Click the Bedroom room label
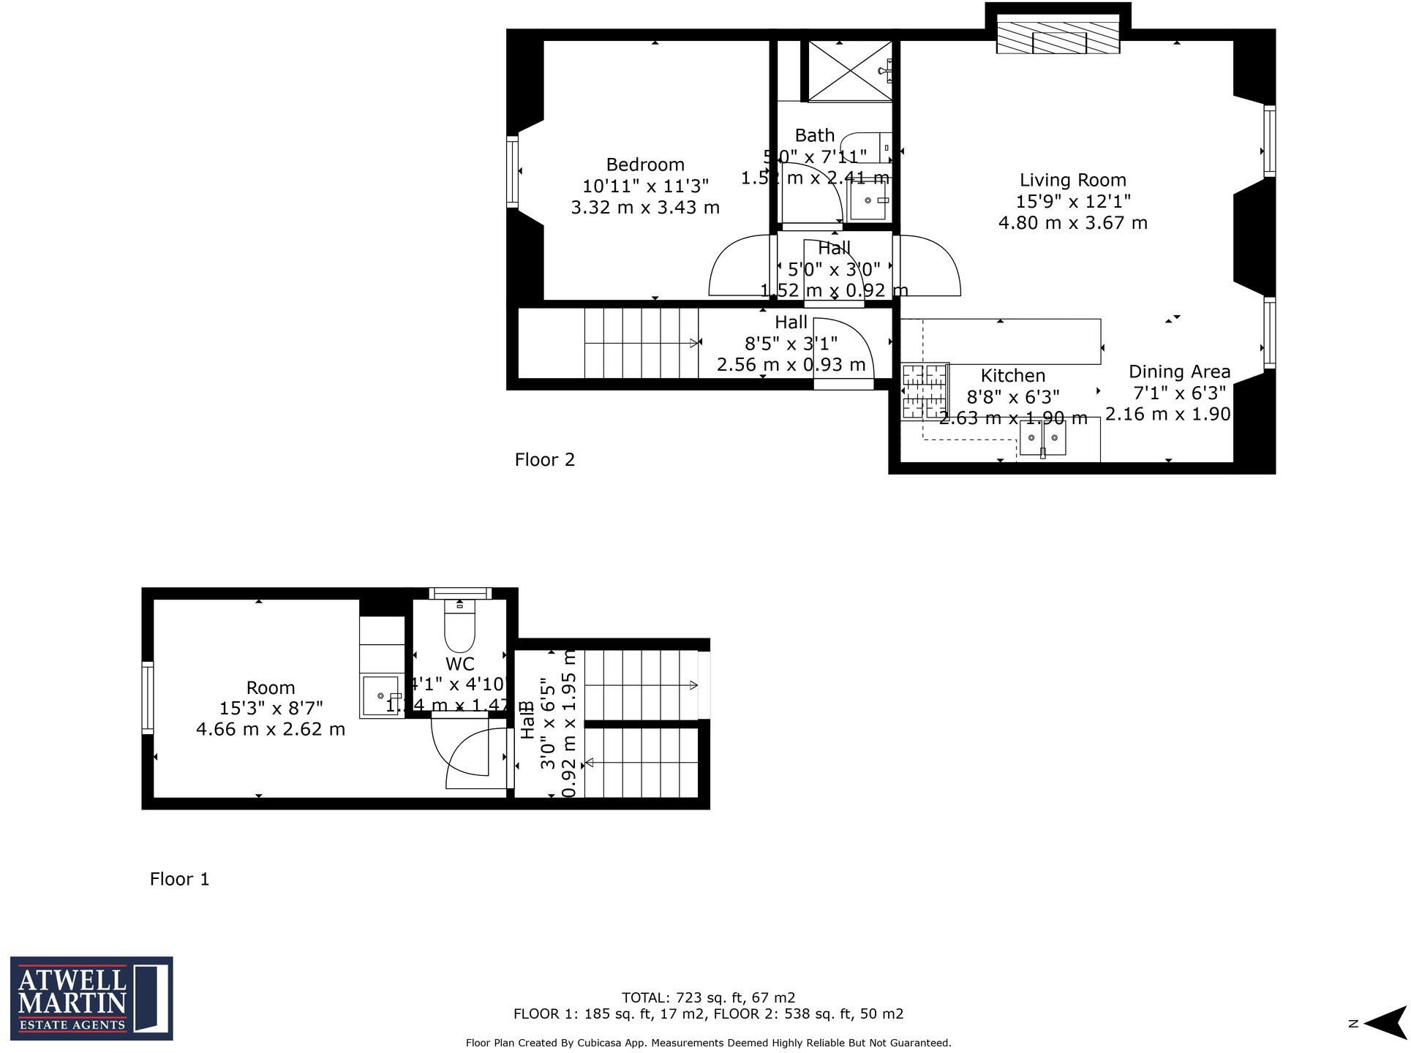(x=644, y=165)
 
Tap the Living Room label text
(x=1072, y=180)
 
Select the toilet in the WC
(x=459, y=627)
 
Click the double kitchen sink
(x=1042, y=439)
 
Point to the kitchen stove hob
(x=925, y=392)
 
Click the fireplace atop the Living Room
(x=1058, y=37)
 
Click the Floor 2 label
(x=544, y=460)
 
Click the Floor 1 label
(x=179, y=879)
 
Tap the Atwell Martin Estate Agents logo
(x=91, y=998)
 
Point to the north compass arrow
(x=1383, y=1023)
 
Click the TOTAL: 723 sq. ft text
(x=707, y=997)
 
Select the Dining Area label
(x=1178, y=371)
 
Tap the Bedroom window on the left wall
(x=513, y=172)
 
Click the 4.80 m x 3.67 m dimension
(x=1072, y=223)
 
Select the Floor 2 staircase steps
(x=640, y=343)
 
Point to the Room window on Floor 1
(x=148, y=698)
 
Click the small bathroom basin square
(x=869, y=200)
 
